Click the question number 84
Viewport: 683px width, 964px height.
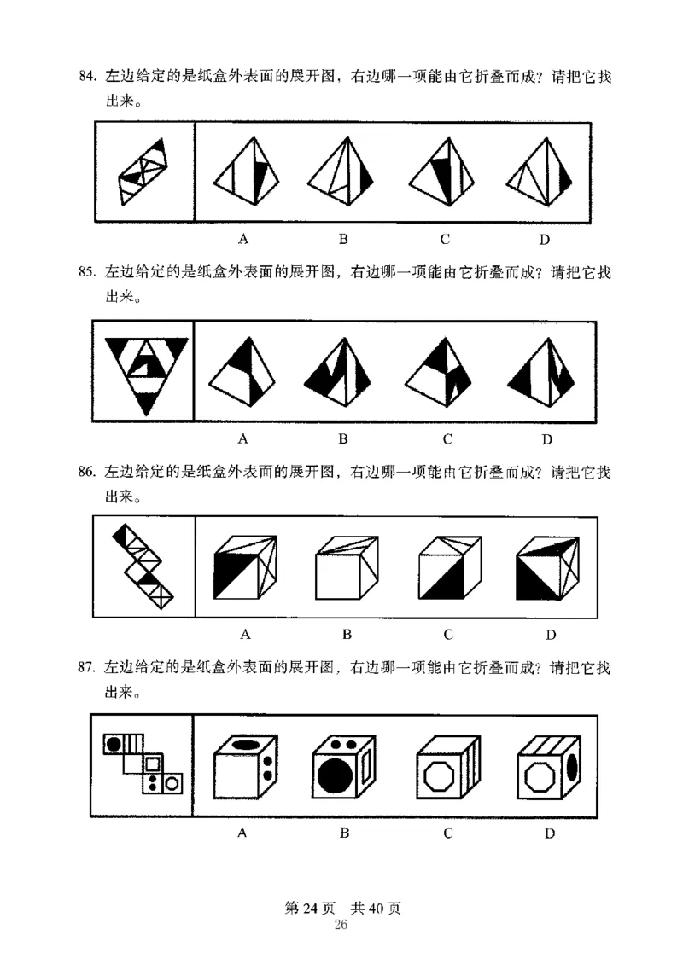88,76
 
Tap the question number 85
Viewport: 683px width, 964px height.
87,272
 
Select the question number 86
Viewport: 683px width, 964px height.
87,472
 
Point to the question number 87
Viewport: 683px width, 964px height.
87,667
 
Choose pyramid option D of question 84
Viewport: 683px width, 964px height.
539,171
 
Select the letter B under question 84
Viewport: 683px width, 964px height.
343,239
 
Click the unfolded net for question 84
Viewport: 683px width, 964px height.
143,171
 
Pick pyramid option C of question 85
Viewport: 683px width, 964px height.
438,371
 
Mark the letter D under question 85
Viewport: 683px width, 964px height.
546,439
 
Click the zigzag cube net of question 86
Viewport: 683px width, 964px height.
143,566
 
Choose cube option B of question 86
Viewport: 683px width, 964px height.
347,567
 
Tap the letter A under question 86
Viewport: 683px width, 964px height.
245,634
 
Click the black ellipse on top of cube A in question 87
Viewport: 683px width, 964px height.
244,745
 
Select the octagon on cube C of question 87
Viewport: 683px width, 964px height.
439,777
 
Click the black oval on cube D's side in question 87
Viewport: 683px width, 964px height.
572,766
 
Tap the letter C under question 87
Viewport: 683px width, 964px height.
447,833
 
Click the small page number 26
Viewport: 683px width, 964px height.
341,925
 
